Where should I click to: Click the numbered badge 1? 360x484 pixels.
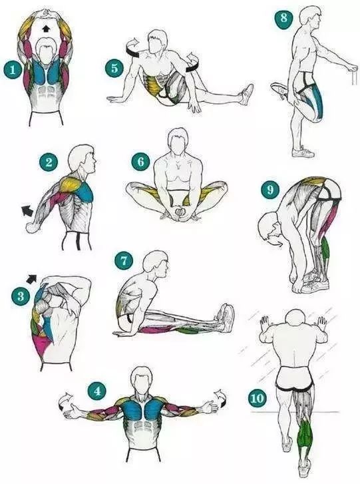[13, 70]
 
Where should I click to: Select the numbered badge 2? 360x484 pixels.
[49, 162]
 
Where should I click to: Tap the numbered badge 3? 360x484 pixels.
[21, 297]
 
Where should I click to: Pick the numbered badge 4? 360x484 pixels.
[97, 391]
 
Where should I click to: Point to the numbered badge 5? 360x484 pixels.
[114, 68]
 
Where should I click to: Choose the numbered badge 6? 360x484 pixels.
[140, 161]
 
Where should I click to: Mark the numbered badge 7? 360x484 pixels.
[124, 261]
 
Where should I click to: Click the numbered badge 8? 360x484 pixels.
[283, 17]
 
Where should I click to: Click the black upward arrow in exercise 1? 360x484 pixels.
[46, 29]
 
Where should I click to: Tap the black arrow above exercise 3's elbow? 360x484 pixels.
[32, 278]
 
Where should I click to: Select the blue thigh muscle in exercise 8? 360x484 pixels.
[317, 101]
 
